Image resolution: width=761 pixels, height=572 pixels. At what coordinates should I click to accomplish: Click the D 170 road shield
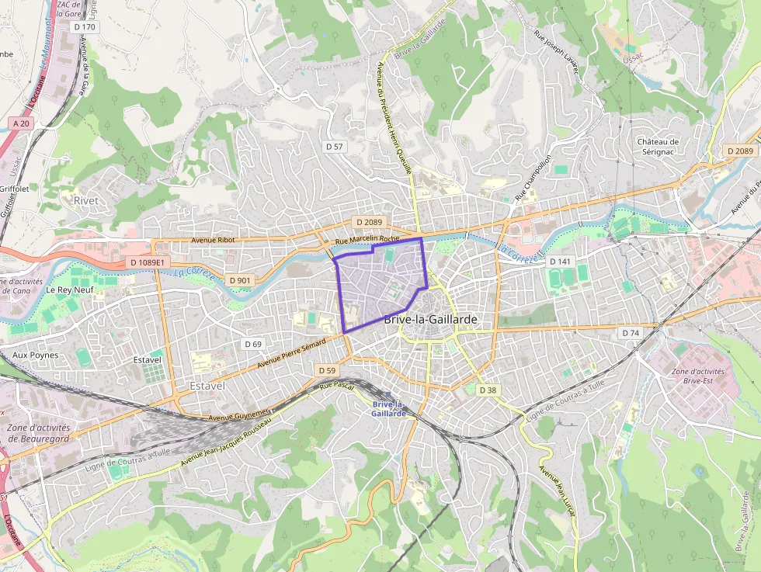(86, 27)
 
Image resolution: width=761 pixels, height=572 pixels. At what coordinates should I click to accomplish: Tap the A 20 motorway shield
(22, 123)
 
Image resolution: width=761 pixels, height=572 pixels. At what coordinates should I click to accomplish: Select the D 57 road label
(335, 146)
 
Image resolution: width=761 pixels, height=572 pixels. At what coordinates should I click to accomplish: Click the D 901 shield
(241, 279)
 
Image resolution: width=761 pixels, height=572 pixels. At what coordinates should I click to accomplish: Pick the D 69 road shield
(253, 344)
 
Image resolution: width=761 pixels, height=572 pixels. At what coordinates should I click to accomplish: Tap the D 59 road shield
(327, 371)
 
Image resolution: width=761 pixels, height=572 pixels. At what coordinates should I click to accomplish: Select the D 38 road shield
(487, 390)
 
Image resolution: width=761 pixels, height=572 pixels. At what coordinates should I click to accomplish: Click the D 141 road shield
(560, 262)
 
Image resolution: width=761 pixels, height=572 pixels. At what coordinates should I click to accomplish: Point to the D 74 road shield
(631, 332)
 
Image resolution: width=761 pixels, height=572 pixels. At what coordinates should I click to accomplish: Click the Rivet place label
(86, 200)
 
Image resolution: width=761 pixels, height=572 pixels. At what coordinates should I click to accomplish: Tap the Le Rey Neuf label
(69, 289)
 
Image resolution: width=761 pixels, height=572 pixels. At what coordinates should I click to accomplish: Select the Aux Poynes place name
(36, 355)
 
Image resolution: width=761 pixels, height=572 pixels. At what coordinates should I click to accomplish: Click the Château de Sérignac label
(658, 147)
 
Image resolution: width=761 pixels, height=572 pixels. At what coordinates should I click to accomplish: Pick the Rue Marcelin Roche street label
(367, 240)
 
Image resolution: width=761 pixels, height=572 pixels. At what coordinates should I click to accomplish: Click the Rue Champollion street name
(533, 178)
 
